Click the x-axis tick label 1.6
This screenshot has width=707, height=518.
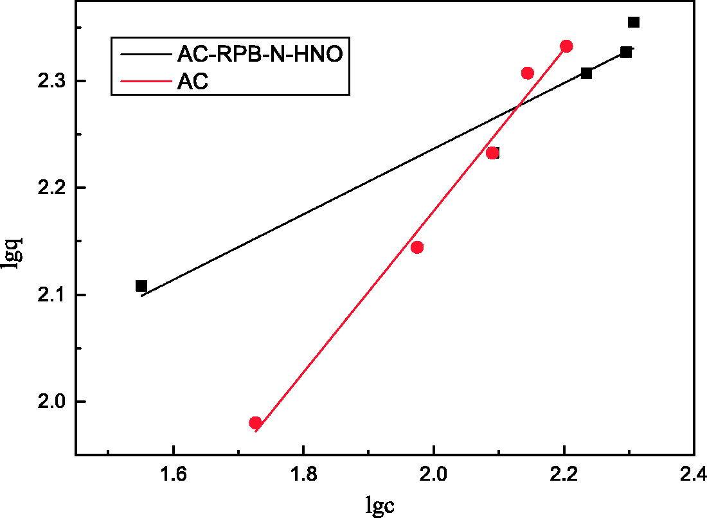tap(173, 476)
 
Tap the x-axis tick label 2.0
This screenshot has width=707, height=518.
tap(434, 476)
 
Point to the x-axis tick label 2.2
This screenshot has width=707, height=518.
tap(564, 476)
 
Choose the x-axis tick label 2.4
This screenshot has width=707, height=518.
tap(693, 476)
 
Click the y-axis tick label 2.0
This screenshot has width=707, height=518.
tap(52, 402)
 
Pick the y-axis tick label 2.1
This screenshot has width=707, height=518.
tap(52, 295)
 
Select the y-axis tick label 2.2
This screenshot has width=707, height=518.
tap(52, 188)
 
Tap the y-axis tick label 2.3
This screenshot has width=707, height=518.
tap(52, 81)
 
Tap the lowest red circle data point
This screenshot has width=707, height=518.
tap(255, 423)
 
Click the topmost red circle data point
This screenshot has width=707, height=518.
tap(566, 46)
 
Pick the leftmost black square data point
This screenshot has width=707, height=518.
tap(141, 286)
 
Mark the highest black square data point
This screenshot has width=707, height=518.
tap(634, 22)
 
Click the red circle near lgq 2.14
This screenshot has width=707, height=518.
tap(417, 247)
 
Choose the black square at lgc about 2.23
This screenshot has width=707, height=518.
tap(586, 73)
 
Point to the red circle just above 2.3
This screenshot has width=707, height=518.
tap(528, 73)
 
